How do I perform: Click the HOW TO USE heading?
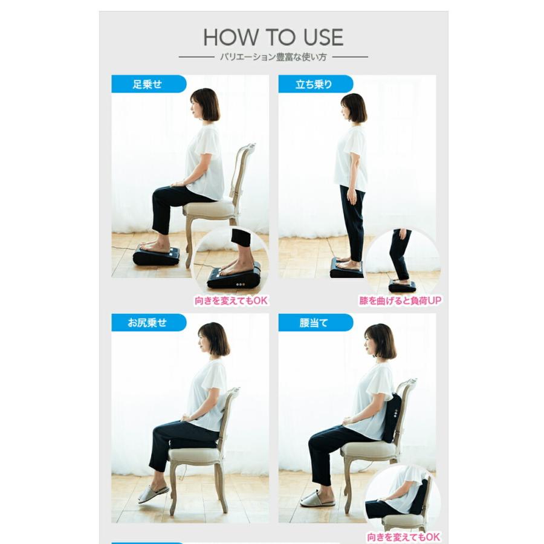click(x=273, y=37)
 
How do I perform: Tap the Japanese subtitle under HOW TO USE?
click(x=273, y=57)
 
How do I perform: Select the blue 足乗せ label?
click(x=149, y=84)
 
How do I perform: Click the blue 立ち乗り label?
click(x=316, y=84)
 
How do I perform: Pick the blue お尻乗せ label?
click(x=149, y=323)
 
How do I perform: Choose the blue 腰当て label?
click(x=316, y=323)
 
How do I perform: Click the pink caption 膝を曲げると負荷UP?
click(x=400, y=300)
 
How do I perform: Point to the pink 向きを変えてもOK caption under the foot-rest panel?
click(x=231, y=300)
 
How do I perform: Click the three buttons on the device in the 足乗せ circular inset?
click(x=240, y=285)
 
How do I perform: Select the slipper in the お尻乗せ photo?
click(x=154, y=494)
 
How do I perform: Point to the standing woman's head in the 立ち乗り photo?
click(x=353, y=108)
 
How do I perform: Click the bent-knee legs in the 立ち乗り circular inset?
click(x=400, y=254)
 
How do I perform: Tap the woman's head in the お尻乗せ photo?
click(x=213, y=339)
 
